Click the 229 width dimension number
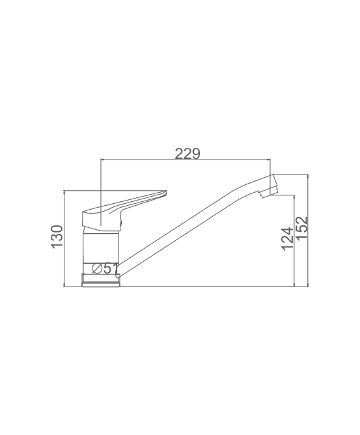tap(187, 154)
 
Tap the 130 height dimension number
tap(57, 236)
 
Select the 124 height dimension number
tap(287, 238)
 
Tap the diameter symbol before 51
tap(97, 268)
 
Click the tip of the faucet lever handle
tap(165, 191)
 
